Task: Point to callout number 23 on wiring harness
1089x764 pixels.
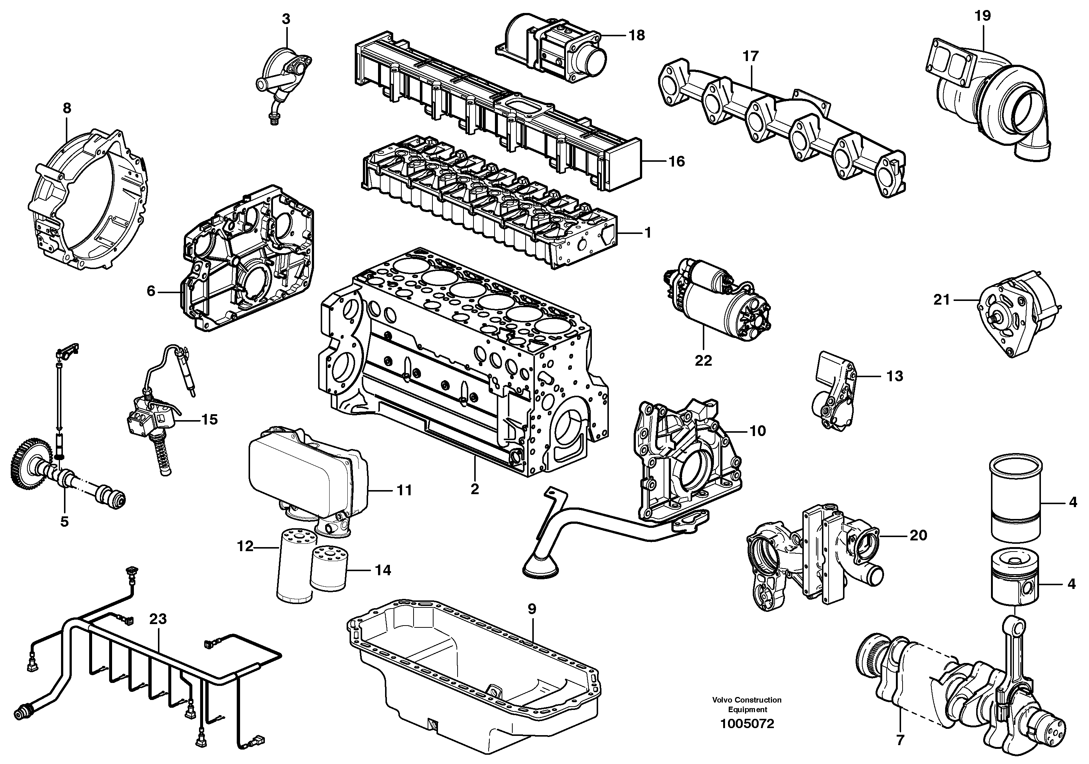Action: coord(158,619)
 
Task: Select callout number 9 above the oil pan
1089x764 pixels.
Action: coord(531,609)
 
